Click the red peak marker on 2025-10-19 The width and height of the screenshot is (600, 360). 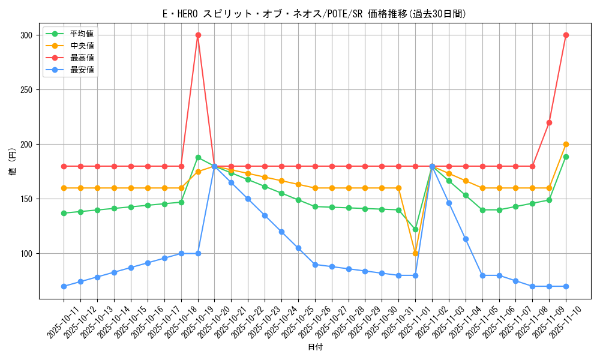(x=198, y=35)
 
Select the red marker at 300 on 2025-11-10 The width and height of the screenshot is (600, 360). (x=566, y=35)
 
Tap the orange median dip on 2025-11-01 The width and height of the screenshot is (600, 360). (x=415, y=253)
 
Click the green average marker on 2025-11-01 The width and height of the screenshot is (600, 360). (x=415, y=229)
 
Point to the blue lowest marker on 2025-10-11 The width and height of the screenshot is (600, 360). (x=64, y=286)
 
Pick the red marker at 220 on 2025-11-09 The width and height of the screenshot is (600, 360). (x=549, y=122)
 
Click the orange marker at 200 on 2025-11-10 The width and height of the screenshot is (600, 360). (x=566, y=144)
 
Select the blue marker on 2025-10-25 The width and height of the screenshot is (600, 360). (x=298, y=248)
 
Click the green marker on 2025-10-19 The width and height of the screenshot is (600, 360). (x=198, y=157)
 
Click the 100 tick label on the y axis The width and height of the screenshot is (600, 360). (x=26, y=253)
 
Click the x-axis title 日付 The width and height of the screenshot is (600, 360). (x=315, y=347)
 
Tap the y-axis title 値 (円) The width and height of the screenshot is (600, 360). (x=13, y=162)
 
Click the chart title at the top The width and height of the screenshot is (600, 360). (x=315, y=13)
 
